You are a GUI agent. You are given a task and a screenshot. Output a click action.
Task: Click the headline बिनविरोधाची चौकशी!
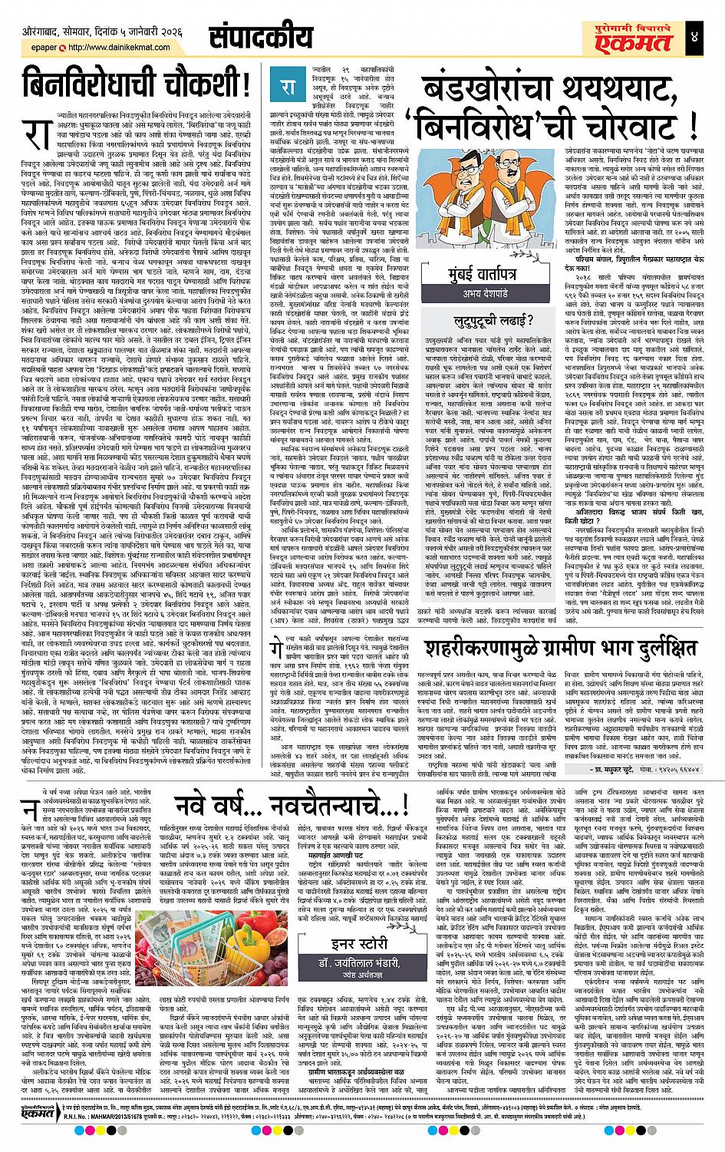click(x=133, y=84)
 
